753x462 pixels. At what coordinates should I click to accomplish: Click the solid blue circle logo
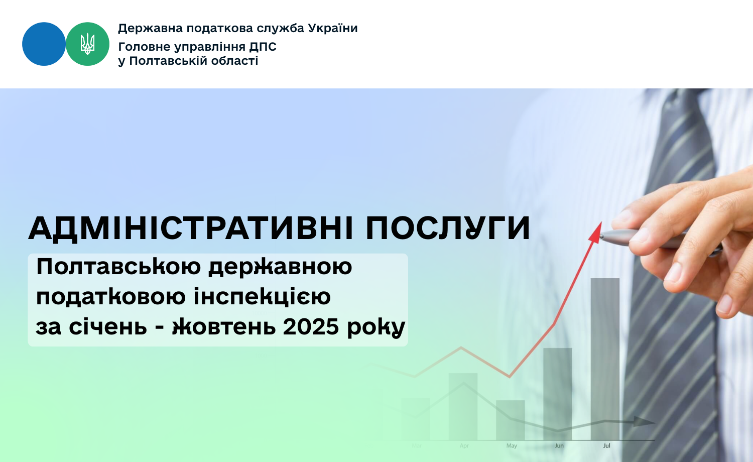tap(44, 44)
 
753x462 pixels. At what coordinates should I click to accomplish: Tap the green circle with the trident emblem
tap(87, 44)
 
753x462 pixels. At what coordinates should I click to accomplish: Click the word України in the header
tap(332, 28)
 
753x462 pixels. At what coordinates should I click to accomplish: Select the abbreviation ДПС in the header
tap(263, 47)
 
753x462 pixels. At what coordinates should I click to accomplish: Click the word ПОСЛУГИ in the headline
tap(448, 228)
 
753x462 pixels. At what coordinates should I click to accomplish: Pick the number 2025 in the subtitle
tap(311, 326)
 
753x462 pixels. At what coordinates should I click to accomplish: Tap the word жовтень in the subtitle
tap(224, 326)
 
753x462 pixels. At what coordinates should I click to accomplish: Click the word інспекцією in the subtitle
tap(262, 297)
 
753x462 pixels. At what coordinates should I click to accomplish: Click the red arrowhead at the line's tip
tap(595, 233)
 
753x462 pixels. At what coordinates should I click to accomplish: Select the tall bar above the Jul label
tap(605, 359)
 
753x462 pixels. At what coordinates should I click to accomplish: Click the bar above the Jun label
tap(557, 394)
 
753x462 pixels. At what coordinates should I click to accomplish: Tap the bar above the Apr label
tap(463, 406)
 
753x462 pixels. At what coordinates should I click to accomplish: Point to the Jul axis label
tap(606, 446)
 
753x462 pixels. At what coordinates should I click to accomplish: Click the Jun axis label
tap(559, 446)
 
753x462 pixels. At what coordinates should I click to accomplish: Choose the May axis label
tap(512, 446)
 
